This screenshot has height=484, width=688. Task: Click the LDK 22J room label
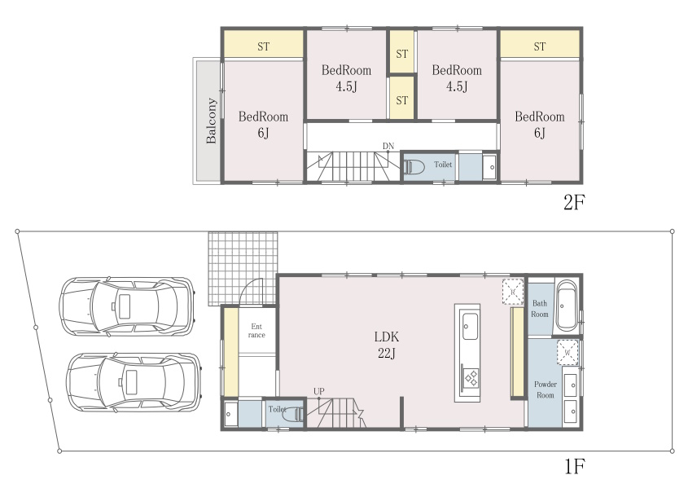tap(387, 345)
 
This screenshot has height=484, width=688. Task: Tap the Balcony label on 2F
tap(212, 121)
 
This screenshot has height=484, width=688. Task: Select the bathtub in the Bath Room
tap(567, 306)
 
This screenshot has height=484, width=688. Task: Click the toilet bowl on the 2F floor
tap(414, 167)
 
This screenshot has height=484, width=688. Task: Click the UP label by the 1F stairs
tap(319, 391)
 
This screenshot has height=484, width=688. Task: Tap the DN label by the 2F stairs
tap(388, 146)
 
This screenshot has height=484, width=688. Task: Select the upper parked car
tap(127, 306)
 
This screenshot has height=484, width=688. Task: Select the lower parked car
tap(134, 382)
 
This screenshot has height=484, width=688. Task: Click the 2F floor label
tap(574, 202)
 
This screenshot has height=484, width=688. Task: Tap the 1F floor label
tap(575, 466)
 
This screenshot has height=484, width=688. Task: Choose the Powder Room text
tap(546, 389)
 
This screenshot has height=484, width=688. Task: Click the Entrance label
tap(256, 331)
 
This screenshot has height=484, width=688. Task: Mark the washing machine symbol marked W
tap(567, 352)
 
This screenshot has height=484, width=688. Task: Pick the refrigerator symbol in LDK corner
tap(513, 291)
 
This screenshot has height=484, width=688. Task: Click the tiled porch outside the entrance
tap(243, 268)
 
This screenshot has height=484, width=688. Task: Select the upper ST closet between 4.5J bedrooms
tap(402, 53)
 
